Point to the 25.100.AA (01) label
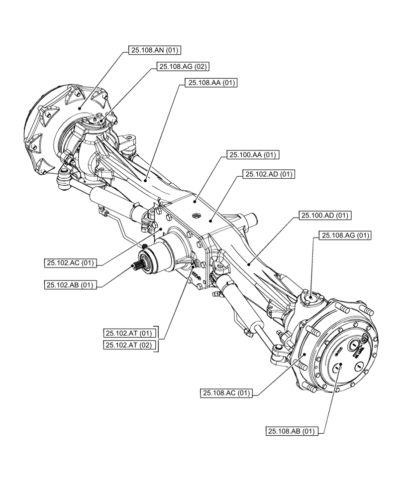pyautogui.click(x=252, y=155)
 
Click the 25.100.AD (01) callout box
pyautogui.click(x=325, y=216)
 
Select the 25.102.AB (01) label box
pyautogui.click(x=70, y=285)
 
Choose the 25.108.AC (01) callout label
pyautogui.click(x=226, y=393)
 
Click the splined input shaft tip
pyautogui.click(x=138, y=265)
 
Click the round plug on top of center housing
pyautogui.click(x=197, y=215)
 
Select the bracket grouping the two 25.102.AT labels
pyautogui.click(x=158, y=339)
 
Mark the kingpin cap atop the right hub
pyautogui.click(x=310, y=298)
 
